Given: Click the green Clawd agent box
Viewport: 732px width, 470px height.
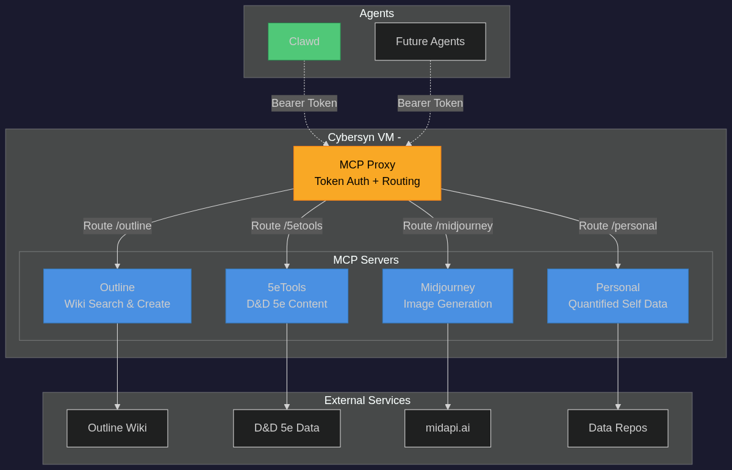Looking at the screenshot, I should point(304,42).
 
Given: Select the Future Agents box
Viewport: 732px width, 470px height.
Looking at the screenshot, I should point(430,42).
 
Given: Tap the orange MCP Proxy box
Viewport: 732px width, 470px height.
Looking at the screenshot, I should point(367,173).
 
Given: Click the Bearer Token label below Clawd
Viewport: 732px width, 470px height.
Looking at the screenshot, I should point(304,103).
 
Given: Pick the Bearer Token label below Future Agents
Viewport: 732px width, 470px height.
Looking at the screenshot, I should point(430,103).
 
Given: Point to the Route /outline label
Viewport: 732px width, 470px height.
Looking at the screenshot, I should point(117,226).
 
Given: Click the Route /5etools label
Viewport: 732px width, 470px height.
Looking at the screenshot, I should point(287,226).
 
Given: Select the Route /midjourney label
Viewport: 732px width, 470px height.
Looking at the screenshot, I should point(447,226).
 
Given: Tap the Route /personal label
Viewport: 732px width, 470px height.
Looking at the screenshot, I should point(617,226).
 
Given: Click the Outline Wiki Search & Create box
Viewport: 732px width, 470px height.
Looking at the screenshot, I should point(117,295).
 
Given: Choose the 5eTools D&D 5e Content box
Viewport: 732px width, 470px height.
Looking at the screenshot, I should point(287,295).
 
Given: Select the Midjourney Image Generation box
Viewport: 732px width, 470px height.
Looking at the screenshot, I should point(447,295).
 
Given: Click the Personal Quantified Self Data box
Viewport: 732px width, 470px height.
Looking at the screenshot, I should point(617,295).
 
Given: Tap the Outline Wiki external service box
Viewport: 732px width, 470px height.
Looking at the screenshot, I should point(117,428).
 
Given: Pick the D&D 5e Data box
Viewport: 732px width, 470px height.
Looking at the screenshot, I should point(287,428).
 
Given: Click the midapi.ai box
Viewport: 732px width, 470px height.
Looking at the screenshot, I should point(447,428).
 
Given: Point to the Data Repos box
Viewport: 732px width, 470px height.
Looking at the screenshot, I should point(617,428).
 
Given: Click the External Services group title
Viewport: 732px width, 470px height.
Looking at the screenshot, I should point(367,400).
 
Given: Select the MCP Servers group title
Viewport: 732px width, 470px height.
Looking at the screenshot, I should point(365,260).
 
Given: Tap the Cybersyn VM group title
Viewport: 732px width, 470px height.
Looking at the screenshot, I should point(364,137).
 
